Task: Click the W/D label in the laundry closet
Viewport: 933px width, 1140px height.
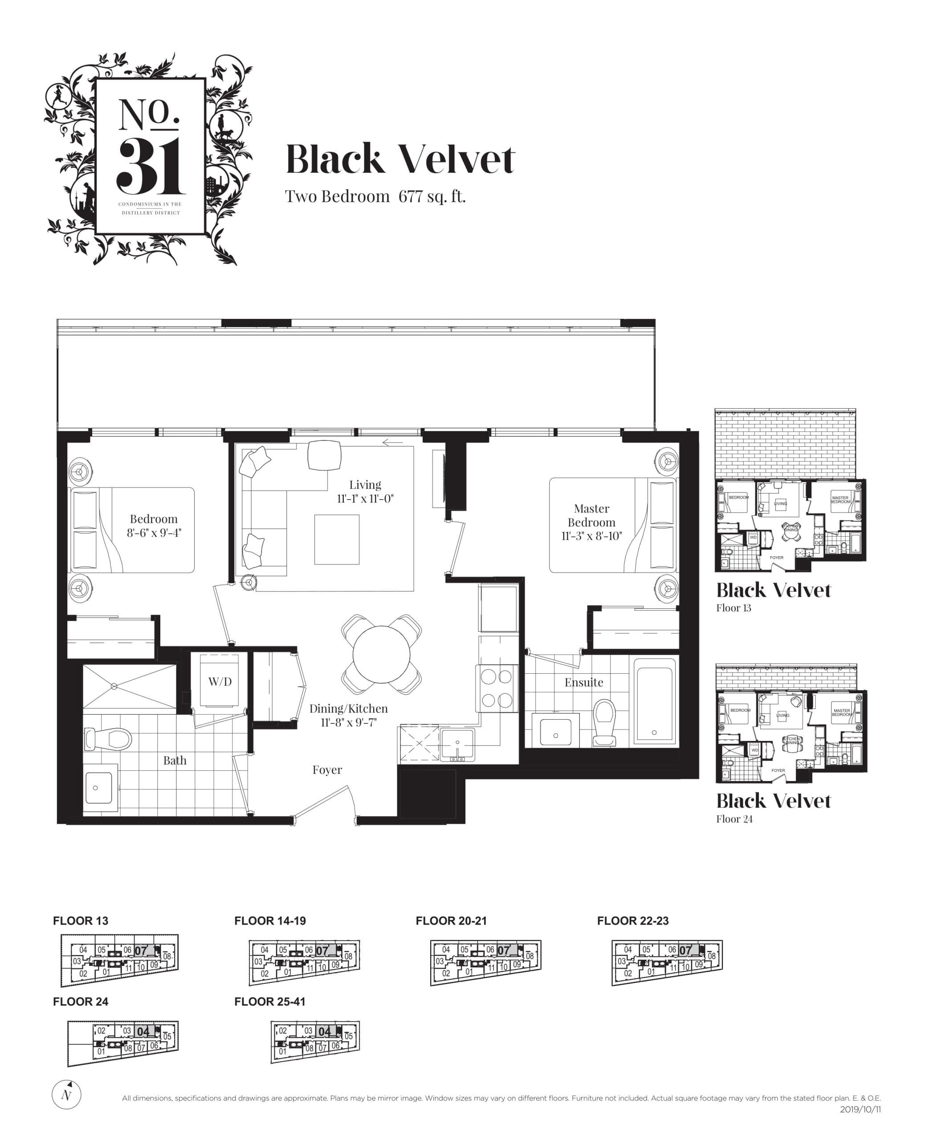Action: coord(220,681)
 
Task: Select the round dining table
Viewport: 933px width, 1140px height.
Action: coord(381,654)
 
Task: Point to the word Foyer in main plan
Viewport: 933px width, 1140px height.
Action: coord(327,769)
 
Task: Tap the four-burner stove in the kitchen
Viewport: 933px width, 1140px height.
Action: coord(497,688)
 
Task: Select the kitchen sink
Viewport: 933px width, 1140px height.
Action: coord(457,745)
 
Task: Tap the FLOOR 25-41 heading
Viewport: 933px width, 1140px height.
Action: coord(269,1002)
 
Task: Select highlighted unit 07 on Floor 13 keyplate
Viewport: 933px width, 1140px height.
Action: coord(141,950)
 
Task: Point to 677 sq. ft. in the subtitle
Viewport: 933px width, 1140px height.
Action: coord(432,197)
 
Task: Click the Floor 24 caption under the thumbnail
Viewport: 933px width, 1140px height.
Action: coord(734,818)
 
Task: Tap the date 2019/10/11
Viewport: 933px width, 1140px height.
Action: coord(860,1109)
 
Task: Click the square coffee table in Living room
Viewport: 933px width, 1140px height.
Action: coord(336,539)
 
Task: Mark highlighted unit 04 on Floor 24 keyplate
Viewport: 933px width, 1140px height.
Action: coord(143,1031)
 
